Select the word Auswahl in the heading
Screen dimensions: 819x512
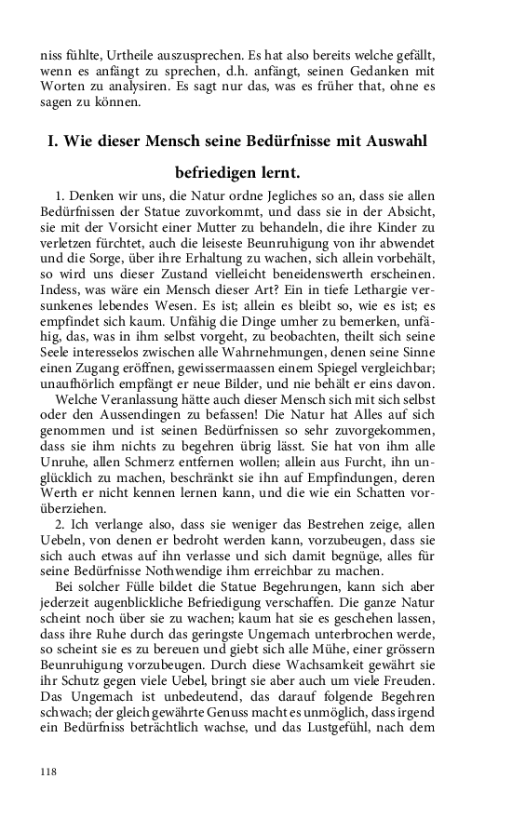coord(394,141)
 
